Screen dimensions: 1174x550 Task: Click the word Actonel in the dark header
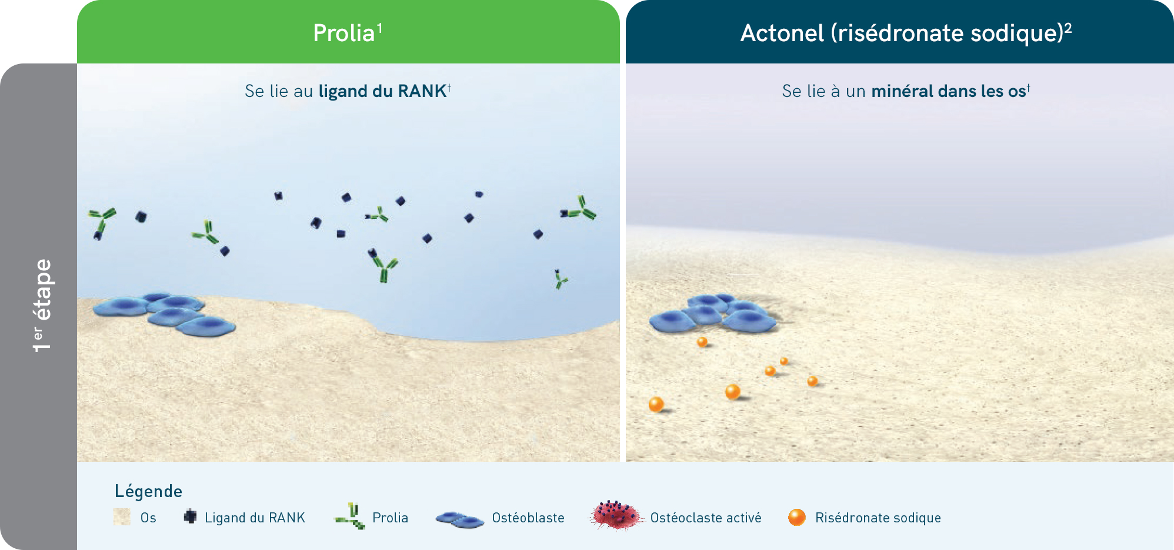[782, 33]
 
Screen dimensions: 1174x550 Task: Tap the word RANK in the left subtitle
[422, 91]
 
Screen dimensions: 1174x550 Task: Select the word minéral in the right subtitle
[902, 91]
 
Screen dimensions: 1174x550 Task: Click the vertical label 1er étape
[42, 306]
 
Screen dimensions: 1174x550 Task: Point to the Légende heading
[148, 491]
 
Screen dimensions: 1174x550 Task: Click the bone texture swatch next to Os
[122, 517]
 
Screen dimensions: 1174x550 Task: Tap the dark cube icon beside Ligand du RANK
[190, 517]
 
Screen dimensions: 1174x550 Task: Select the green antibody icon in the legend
[350, 516]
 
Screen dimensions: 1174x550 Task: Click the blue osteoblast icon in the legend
[460, 519]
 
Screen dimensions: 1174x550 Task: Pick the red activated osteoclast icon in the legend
[615, 515]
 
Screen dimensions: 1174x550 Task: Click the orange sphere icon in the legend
[797, 517]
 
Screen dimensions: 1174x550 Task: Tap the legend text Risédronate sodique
[878, 518]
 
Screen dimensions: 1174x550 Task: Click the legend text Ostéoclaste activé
[706, 518]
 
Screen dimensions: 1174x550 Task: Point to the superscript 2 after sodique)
[1068, 28]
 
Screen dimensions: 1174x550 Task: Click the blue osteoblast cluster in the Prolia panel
[165, 314]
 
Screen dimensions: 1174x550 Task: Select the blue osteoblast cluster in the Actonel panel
[713, 314]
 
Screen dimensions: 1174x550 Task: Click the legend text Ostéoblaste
[528, 518]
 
